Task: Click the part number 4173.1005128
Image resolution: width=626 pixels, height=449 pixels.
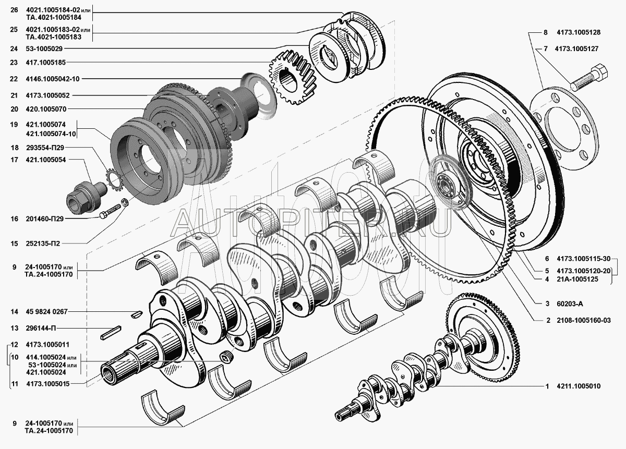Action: (579, 32)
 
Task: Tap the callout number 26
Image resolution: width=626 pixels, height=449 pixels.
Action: (14, 10)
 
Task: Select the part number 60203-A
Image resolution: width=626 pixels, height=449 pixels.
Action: (570, 304)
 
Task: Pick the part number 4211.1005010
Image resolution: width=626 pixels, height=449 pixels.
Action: (579, 386)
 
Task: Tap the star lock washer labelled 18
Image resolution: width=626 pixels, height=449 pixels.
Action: (115, 181)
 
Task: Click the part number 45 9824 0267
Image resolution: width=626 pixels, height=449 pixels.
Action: (46, 311)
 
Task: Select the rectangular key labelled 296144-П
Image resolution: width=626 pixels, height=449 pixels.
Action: (111, 333)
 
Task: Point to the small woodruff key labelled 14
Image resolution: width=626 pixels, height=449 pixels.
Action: (137, 314)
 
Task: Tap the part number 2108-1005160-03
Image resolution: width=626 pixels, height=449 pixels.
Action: (584, 320)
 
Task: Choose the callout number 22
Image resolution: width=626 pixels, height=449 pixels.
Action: (14, 79)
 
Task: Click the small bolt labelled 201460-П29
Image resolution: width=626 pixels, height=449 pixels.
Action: (110, 211)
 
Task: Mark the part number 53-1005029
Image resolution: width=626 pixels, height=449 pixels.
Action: (44, 48)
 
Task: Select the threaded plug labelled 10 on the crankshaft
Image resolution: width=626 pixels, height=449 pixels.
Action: (225, 358)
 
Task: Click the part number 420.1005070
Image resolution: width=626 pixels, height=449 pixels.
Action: (46, 109)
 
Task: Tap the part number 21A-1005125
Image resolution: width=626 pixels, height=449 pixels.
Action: (577, 279)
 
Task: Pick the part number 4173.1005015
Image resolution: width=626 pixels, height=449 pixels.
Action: (48, 384)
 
